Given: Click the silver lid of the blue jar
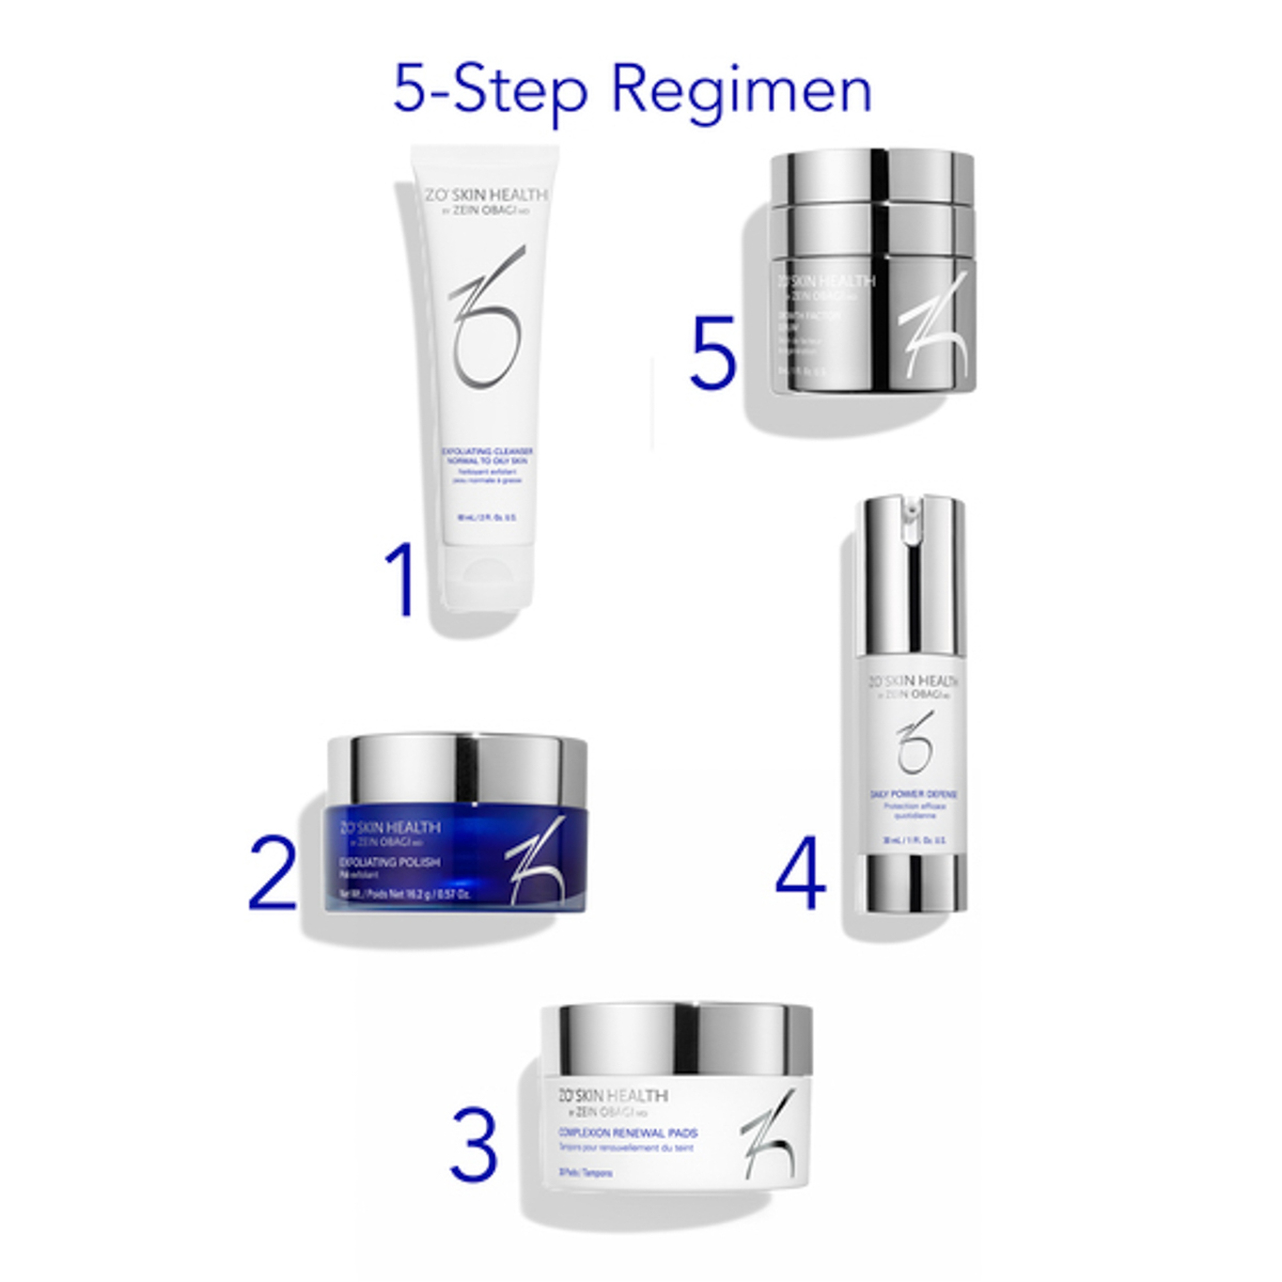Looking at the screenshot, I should point(458,770).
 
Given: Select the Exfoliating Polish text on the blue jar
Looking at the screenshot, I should point(389,862).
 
